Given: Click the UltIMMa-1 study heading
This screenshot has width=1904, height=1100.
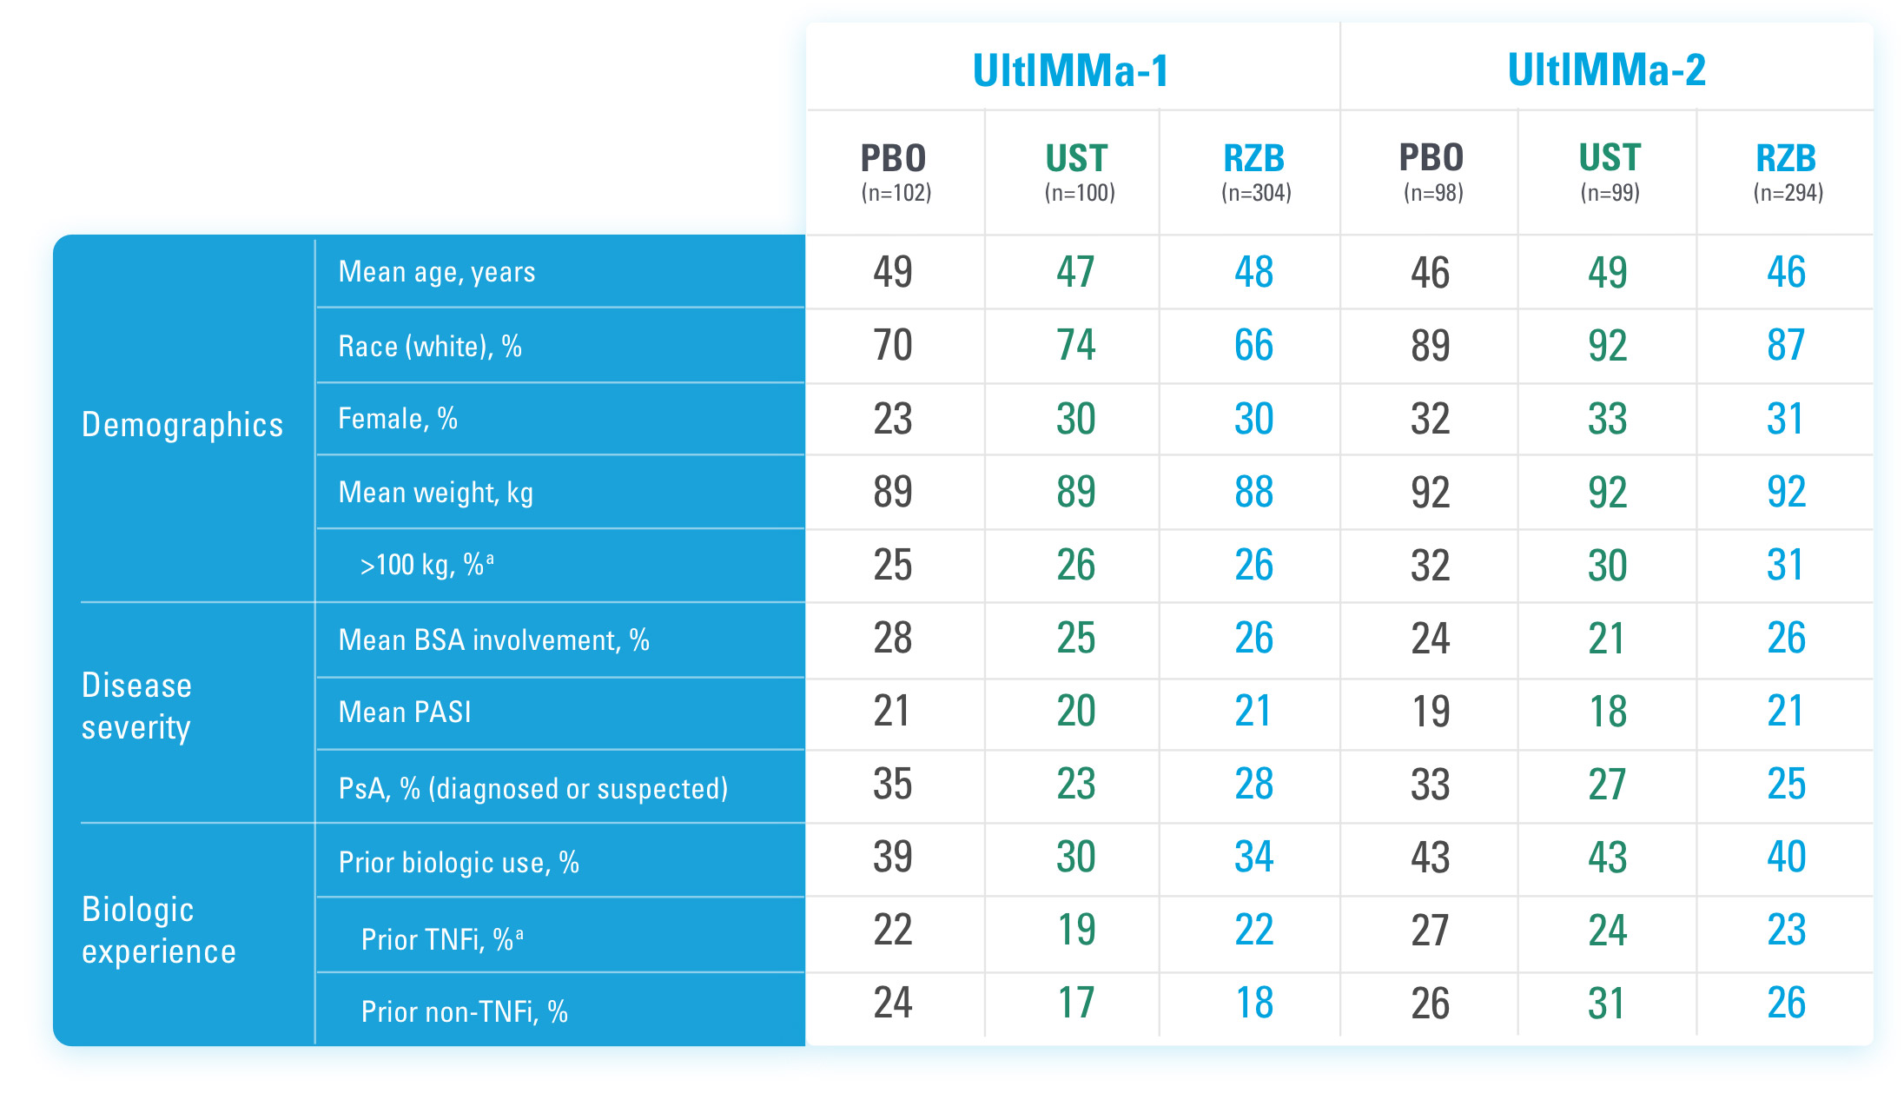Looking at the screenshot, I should pos(1070,70).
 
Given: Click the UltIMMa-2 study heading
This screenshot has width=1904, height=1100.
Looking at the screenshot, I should pos(1606,70).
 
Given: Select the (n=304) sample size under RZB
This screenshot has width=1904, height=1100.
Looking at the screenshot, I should pos(1255,193).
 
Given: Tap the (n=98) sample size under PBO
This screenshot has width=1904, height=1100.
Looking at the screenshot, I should pos(1433,193).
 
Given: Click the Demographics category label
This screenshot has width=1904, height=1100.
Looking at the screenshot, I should pos(182,425).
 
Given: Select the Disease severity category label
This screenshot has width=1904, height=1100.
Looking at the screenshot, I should pos(136,706).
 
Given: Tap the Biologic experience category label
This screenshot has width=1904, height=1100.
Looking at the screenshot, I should pos(158,930).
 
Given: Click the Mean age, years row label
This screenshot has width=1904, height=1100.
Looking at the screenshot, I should pos(436,272).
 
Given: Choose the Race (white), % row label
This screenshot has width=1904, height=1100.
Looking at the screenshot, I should pos(430,347).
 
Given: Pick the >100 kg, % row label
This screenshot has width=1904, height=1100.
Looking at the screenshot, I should pos(426,565).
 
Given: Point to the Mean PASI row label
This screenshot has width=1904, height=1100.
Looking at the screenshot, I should pos(405,712).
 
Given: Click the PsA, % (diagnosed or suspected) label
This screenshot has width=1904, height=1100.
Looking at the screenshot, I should pos(532,788).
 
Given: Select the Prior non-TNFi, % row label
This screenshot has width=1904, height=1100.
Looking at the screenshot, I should pos(464,1011).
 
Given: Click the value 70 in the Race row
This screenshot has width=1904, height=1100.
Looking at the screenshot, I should pos(893,345).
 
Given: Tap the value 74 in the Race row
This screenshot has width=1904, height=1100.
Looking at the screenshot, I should pos(1075,345).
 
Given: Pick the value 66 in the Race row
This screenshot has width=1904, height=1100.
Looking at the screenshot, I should pos(1253,345).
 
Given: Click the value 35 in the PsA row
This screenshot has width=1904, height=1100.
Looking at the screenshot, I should pos(893,784).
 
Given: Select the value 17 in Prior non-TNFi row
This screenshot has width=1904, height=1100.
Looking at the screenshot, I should pos(1075,1003).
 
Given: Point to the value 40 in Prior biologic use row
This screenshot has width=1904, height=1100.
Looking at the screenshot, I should pos(1786,857).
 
